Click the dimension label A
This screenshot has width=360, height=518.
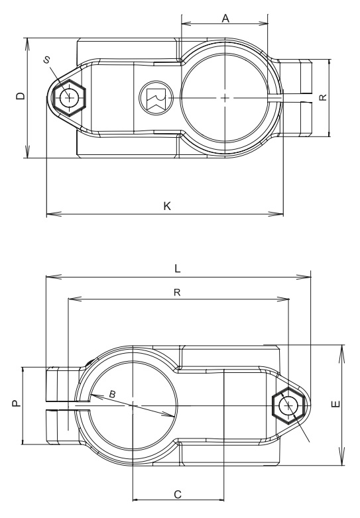[x=225, y=19]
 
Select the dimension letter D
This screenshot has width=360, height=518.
[x=21, y=97]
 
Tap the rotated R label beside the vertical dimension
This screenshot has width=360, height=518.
[x=323, y=97]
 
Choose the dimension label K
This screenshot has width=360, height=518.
[x=167, y=206]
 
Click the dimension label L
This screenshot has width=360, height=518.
[x=178, y=269]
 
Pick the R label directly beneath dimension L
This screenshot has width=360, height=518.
[x=178, y=291]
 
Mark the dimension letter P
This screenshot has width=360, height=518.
[x=15, y=405]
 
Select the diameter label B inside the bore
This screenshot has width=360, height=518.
[x=112, y=395]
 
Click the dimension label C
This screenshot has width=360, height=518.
[x=178, y=493]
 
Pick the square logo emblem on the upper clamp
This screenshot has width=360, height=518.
[x=155, y=98]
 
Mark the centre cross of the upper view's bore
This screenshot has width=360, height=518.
[x=225, y=98]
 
